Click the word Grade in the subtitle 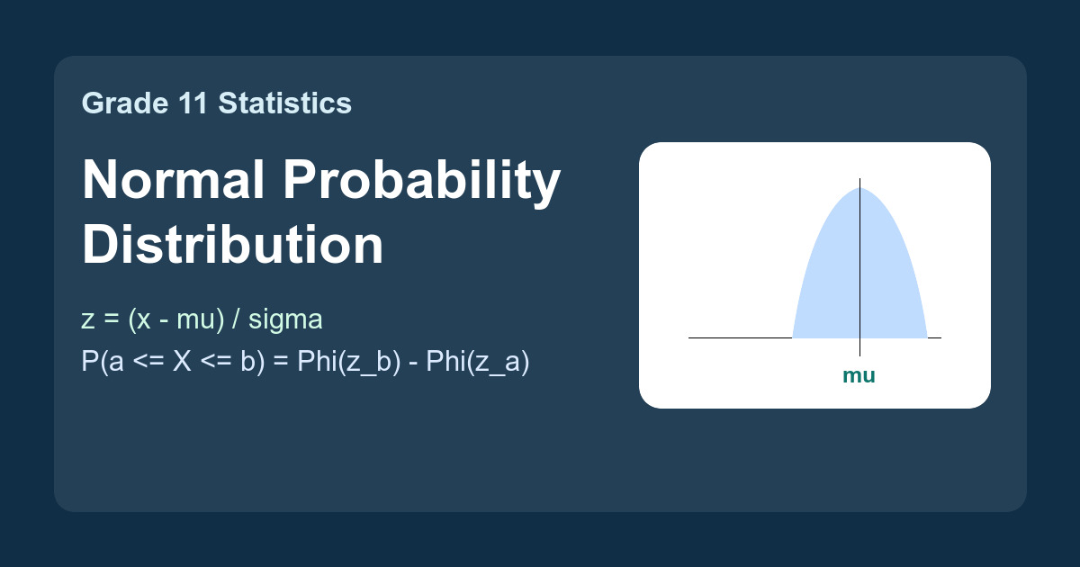(125, 103)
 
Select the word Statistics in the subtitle (285, 103)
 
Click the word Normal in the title (174, 179)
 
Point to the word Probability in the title (422, 184)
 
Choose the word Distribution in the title (233, 245)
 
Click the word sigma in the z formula (285, 320)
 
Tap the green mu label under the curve (859, 375)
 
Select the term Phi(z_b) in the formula (348, 362)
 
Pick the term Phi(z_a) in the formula (478, 362)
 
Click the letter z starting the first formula (88, 320)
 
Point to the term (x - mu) (176, 320)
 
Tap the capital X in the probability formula (182, 361)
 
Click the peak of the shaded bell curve (859, 188)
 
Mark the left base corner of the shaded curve (793, 337)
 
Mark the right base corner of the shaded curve (927, 337)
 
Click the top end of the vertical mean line (859, 178)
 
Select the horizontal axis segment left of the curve (741, 338)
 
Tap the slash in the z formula (236, 319)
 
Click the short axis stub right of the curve (934, 338)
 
